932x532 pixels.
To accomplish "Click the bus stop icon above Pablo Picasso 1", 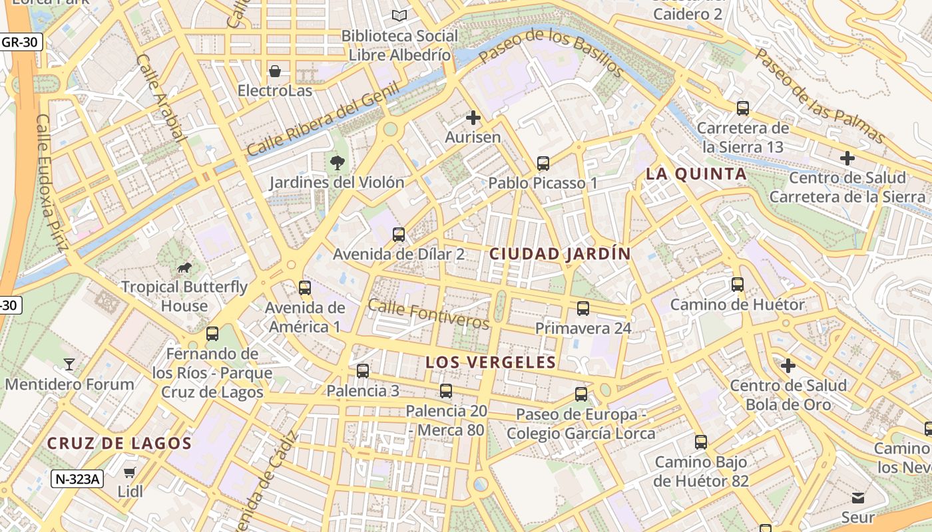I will point(543,163).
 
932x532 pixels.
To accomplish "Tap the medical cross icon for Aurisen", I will point(473,118).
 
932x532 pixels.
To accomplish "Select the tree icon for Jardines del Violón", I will point(338,163).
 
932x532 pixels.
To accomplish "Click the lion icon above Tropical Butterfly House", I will point(184,268).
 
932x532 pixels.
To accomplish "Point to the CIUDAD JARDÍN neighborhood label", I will point(560,253).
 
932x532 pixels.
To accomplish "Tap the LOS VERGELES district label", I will point(490,362).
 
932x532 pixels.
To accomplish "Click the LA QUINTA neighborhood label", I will point(696,174).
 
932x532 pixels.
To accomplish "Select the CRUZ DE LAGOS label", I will point(119,444).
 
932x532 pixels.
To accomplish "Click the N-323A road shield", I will point(77,479).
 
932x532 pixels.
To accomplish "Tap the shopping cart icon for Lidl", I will point(130,473).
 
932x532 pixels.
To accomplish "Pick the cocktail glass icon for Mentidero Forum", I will point(69,364).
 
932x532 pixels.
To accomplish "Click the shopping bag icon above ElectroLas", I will point(275,71).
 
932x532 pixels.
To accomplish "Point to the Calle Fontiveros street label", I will point(428,315).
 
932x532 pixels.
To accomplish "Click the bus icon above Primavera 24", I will point(583,309).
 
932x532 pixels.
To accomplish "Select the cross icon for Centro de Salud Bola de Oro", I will point(788,366).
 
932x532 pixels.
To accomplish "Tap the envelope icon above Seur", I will point(857,497).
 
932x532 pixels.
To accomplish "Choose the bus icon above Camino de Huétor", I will point(738,285).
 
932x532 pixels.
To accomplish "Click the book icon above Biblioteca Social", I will point(399,15).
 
